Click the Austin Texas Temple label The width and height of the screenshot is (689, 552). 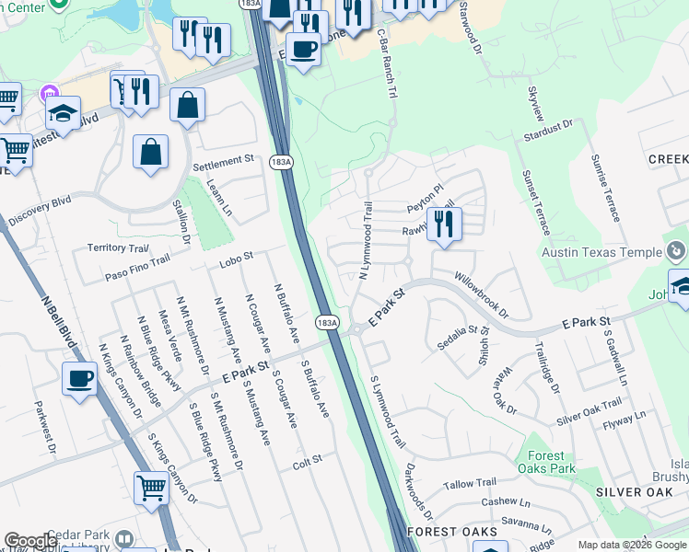601,253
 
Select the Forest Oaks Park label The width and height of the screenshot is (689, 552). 552,463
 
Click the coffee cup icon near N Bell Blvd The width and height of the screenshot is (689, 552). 80,377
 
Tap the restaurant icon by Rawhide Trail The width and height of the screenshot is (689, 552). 444,224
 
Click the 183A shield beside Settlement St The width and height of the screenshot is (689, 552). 282,162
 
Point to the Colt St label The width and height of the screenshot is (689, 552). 309,458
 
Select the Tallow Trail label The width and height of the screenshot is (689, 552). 470,484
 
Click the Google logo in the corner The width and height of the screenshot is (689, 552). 30,541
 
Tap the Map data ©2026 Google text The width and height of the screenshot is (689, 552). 632,545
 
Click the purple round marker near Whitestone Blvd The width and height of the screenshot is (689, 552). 49,94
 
